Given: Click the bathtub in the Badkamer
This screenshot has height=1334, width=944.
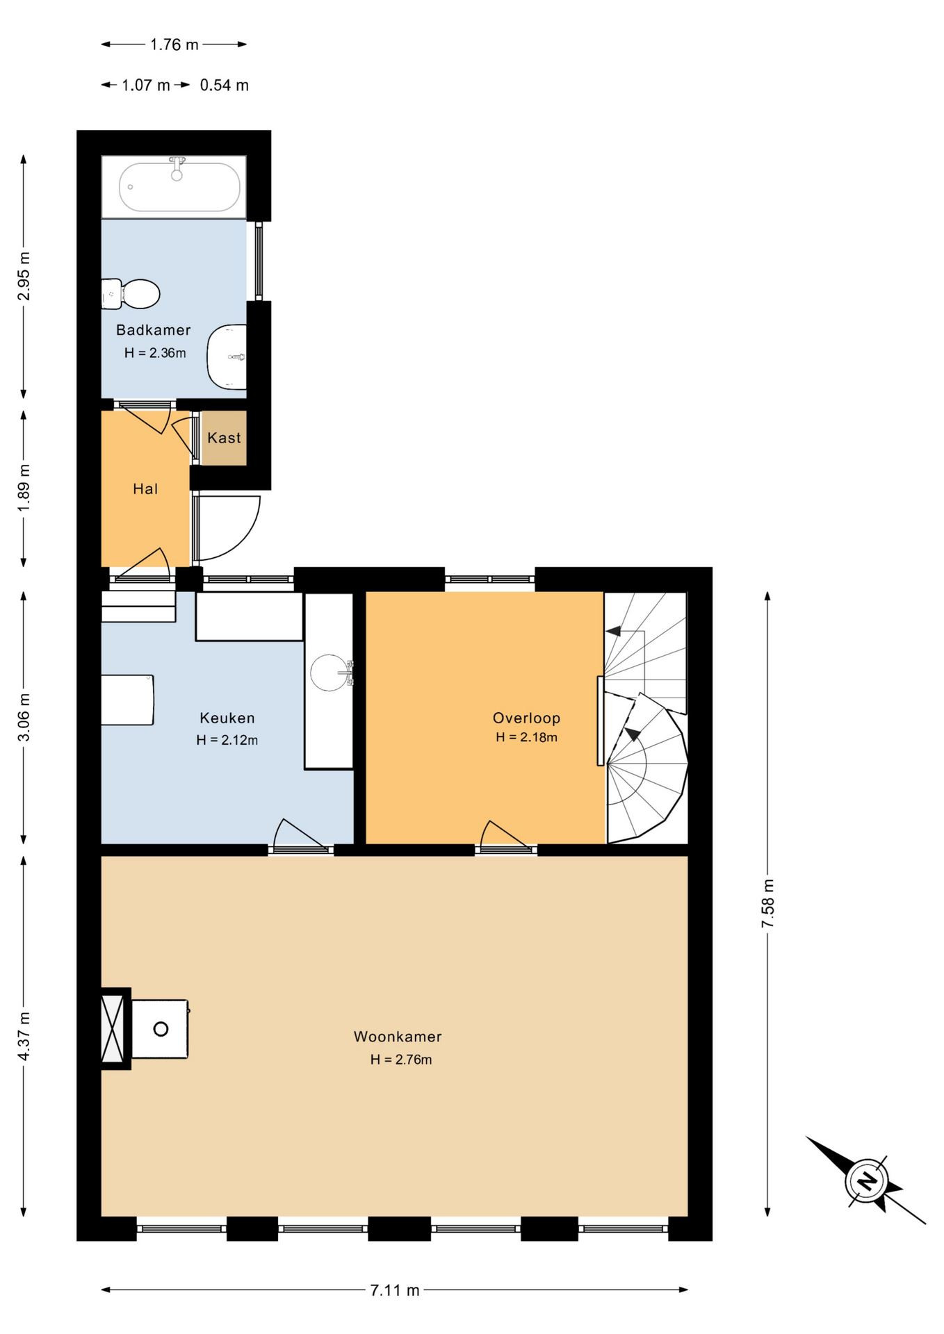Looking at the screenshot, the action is pos(179,187).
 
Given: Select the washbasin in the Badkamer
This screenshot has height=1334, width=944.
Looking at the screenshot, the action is pos(227,356).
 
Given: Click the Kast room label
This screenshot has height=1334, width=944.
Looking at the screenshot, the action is pos(224,438).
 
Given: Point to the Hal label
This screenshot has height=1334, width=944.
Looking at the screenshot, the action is pos(145,489).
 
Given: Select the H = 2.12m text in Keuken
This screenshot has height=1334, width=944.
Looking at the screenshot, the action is pos(227,741).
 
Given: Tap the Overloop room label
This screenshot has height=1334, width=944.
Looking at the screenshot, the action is pos(526,718).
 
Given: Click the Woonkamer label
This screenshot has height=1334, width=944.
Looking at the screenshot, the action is pos(398,1037).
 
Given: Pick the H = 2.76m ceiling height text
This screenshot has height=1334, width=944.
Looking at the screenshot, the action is pos(401,1060).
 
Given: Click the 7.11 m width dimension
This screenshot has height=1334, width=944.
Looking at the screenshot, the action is pos(395,1290).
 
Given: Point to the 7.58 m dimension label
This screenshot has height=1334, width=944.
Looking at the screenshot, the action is pos(767,903).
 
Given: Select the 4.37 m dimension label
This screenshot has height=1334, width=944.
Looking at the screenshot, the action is pos(24,1037).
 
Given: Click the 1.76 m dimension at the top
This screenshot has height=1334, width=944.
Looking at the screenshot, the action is pos(174,44).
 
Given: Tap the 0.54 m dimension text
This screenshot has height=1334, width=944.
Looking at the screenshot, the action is pos(224,85).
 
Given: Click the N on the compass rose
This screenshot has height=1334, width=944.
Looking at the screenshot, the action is pos(866,1180).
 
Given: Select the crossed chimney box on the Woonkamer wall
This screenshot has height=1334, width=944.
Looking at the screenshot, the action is pos(113,1029).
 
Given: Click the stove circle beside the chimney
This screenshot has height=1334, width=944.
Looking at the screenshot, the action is pos(161,1029).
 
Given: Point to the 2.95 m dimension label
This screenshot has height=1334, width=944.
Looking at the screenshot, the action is pos(24,276).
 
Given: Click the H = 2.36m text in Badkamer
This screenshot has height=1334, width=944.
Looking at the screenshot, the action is pos(155,353).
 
